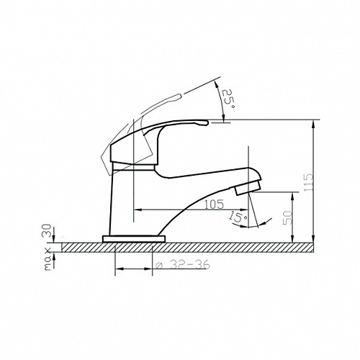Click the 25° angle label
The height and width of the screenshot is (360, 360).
pos(228,99)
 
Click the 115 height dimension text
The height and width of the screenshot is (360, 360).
pos(308,182)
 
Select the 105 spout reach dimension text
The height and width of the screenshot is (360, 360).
pos(214,204)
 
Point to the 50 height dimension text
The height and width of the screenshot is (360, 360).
pos(287,218)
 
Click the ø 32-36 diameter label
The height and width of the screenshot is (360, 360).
pos(183,265)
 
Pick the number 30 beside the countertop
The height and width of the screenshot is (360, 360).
pos(48,230)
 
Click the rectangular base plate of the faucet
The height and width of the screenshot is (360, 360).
pos(134,239)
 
